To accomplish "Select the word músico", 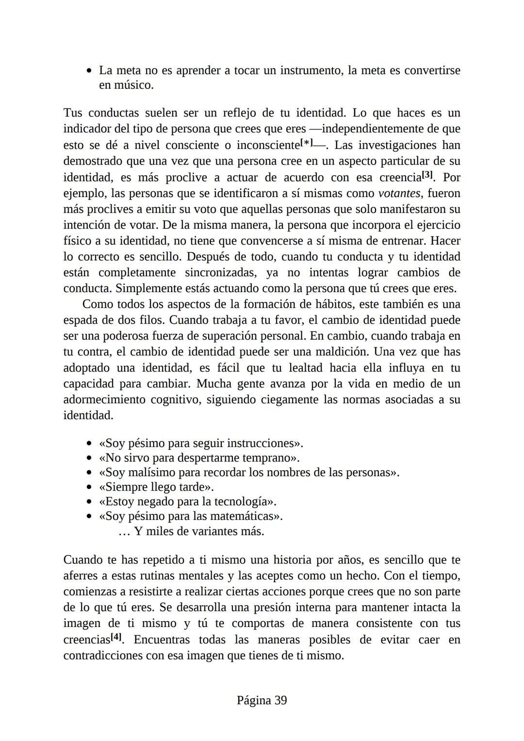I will [133, 85].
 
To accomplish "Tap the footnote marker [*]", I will [307, 143].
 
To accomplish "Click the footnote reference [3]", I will [426, 175].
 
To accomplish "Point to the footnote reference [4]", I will [116, 637].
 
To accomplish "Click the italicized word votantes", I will [399, 193].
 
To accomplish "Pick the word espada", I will [81, 320].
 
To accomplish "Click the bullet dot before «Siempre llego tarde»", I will [89, 487].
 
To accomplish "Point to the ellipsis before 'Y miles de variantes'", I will [124, 532].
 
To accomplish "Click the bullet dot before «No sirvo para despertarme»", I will [89, 458].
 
